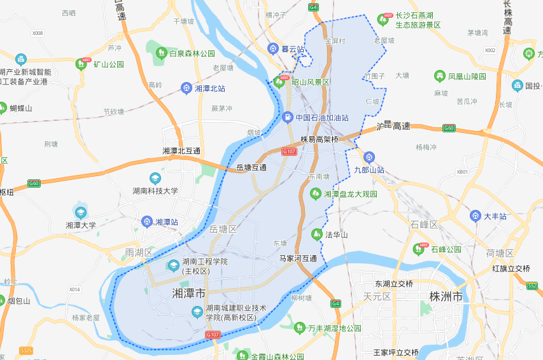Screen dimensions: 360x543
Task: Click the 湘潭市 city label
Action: tap(189, 294)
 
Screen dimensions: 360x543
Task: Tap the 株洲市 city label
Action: tap(446, 297)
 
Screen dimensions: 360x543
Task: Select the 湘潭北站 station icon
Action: tap(186, 88)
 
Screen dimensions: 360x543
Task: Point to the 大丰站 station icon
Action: tap(475, 216)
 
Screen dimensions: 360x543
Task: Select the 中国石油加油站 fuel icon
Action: tap(287, 118)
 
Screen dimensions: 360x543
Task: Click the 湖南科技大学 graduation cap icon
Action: tap(155, 178)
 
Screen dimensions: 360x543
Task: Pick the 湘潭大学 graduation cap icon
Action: tap(80, 212)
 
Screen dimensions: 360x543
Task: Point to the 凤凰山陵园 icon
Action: tap(439, 76)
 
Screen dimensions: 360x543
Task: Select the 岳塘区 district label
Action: tap(223, 229)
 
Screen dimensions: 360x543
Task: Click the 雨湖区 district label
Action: tap(139, 253)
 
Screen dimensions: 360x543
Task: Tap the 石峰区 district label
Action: tap(424, 225)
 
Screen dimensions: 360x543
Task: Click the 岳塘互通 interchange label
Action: tap(251, 167)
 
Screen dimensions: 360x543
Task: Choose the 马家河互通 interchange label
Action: tap(299, 258)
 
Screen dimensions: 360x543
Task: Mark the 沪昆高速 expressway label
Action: tap(393, 127)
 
